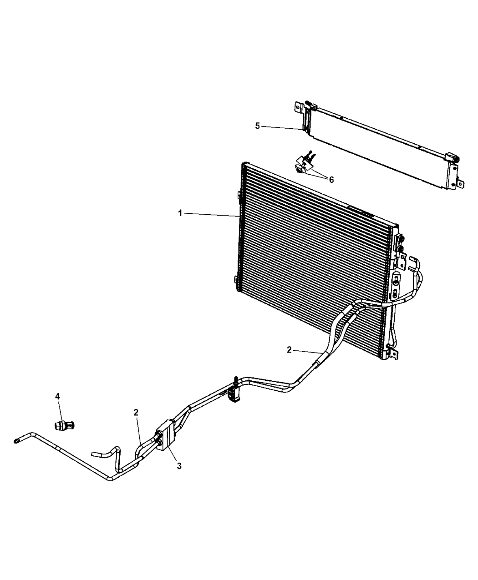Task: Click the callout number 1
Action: (180, 213)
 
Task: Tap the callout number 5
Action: (258, 126)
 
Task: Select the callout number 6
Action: (331, 180)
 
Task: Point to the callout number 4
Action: (57, 397)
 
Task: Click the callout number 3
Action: (179, 466)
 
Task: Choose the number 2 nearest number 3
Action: (136, 412)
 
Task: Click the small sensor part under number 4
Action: (64, 425)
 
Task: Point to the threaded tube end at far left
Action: (17, 440)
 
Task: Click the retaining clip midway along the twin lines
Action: (235, 391)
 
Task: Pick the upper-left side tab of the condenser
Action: (238, 196)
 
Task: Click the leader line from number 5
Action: (282, 128)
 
